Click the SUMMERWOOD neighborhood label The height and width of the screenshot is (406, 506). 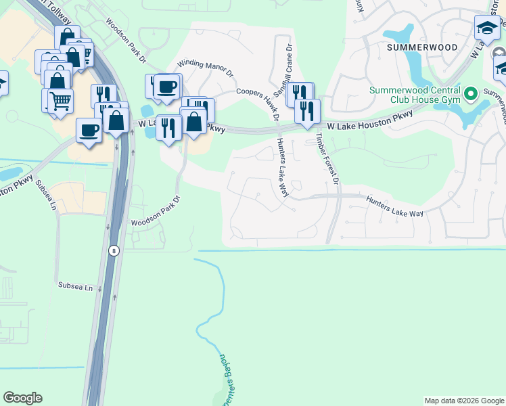tap(422, 47)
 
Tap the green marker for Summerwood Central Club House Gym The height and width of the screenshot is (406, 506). tap(471, 93)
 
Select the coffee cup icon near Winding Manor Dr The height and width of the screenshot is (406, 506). tap(166, 87)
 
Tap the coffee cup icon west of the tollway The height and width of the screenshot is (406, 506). tap(89, 130)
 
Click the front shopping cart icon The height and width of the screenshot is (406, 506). tap(61, 101)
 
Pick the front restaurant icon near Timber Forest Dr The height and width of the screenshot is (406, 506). tap(307, 111)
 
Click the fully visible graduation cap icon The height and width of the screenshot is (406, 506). tap(487, 29)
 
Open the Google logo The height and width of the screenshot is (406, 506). tap(22, 398)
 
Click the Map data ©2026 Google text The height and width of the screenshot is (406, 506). tap(464, 401)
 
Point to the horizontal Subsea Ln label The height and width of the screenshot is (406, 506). tap(74, 287)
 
